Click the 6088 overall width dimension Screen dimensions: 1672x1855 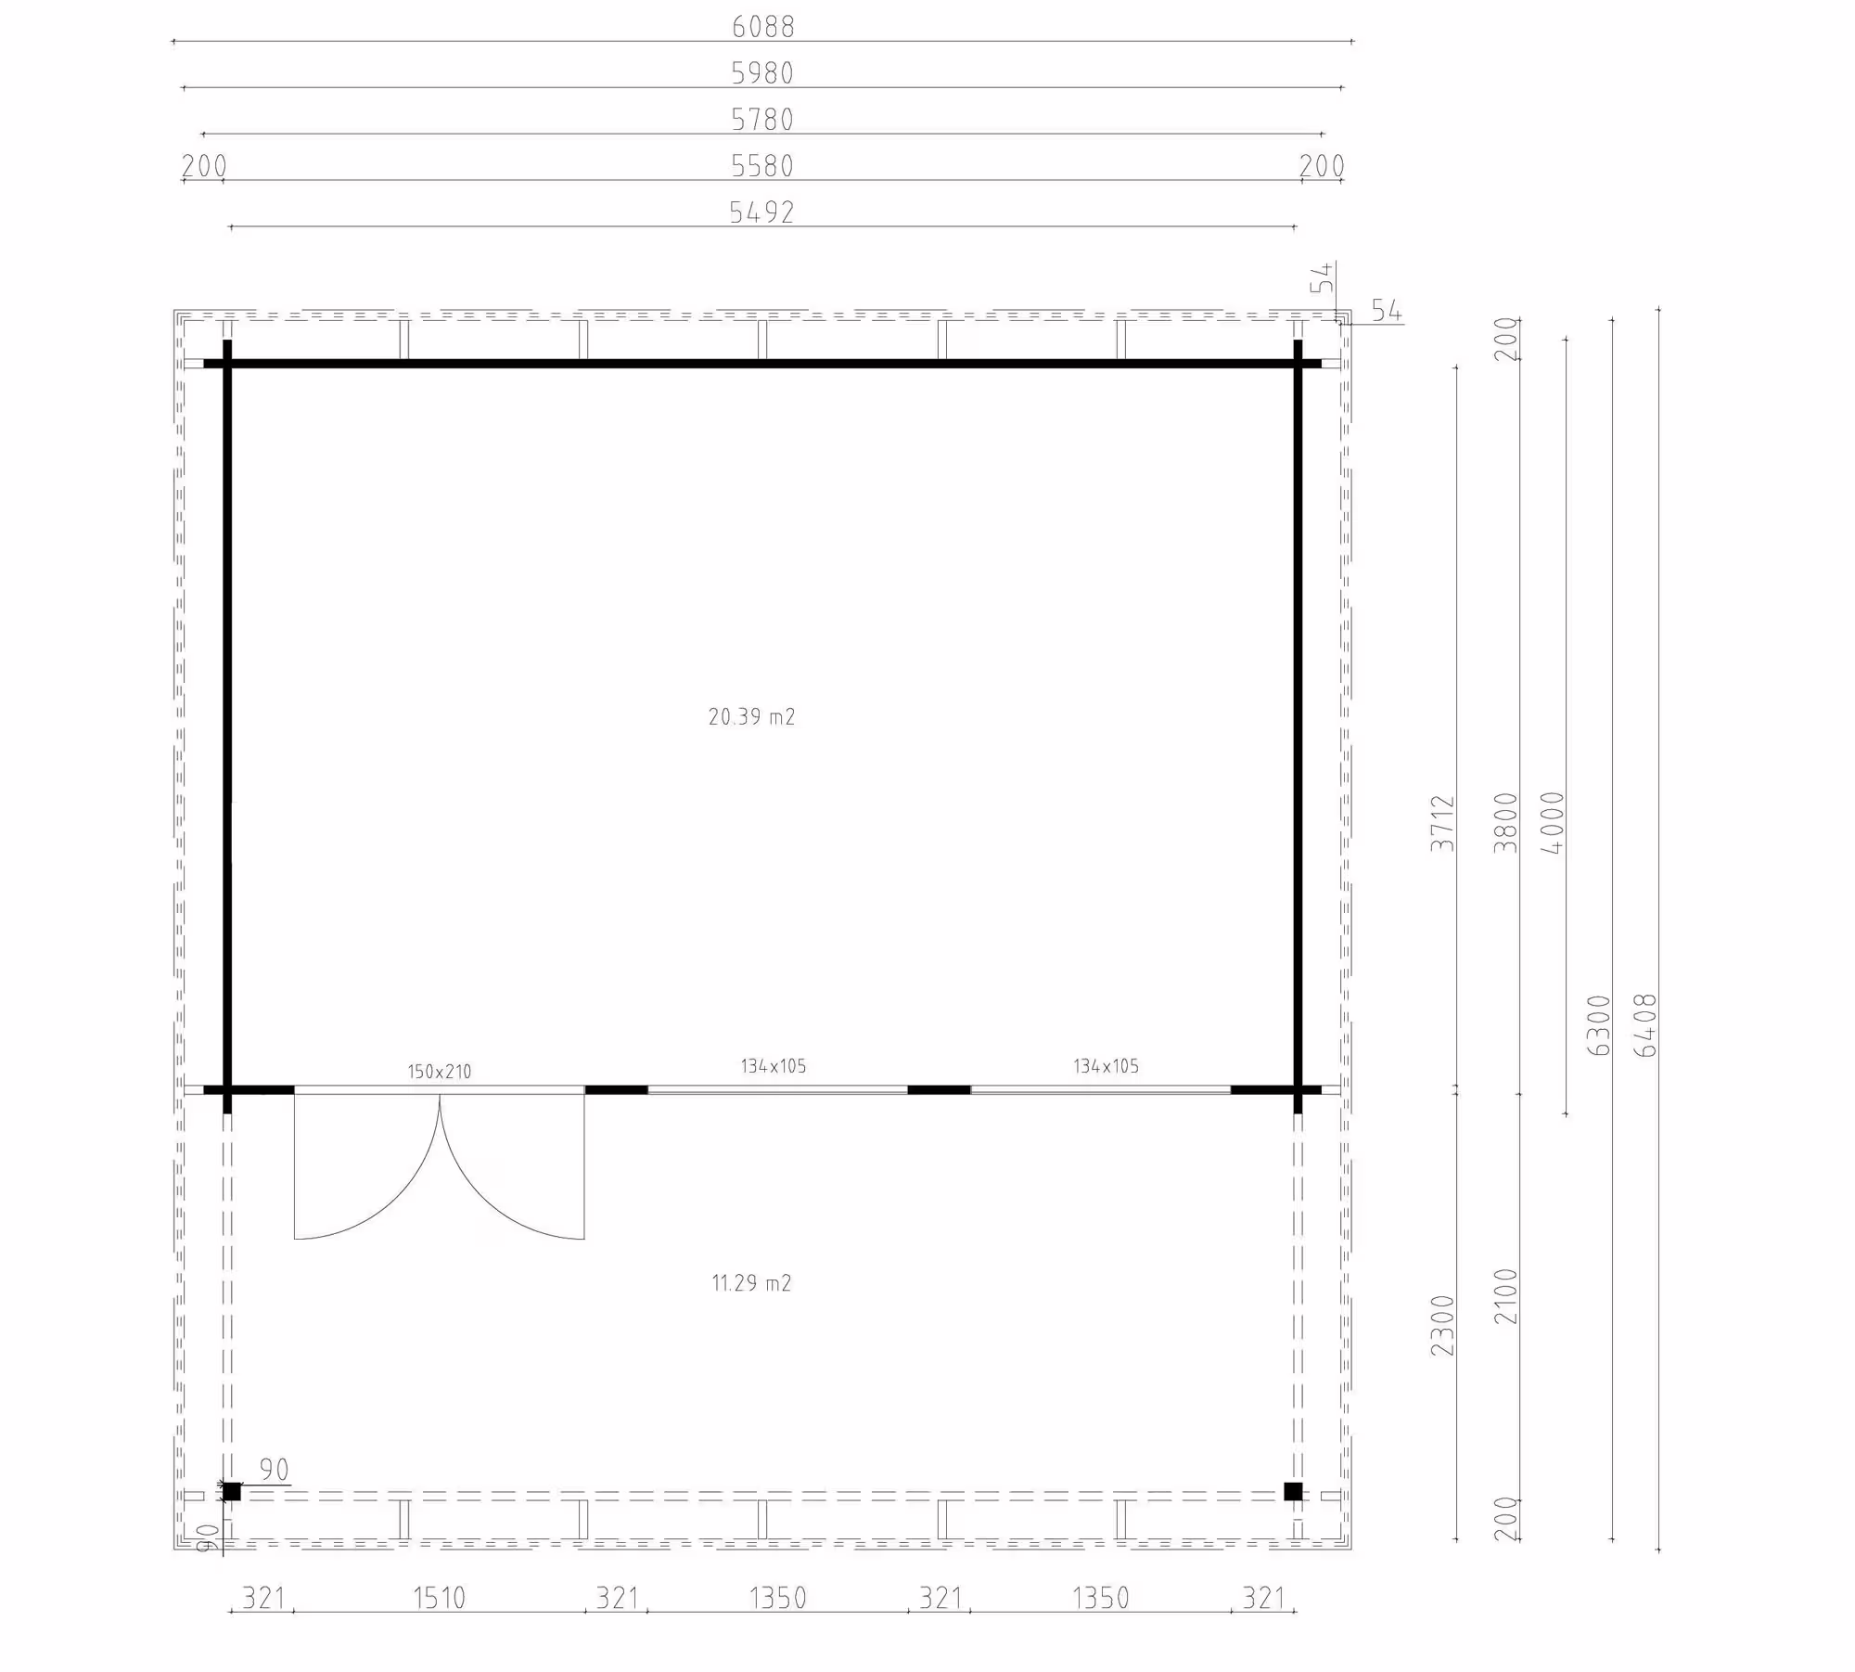pyautogui.click(x=762, y=27)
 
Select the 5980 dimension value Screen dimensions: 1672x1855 pyautogui.click(x=762, y=73)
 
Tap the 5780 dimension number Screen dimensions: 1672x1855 pyautogui.click(x=762, y=120)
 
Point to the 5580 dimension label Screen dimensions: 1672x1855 pyautogui.click(x=762, y=166)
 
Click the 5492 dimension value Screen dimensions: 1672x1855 pyautogui.click(x=762, y=212)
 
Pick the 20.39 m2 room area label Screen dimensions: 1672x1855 pyautogui.click(x=751, y=716)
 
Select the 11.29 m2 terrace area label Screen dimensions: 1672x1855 pyautogui.click(x=751, y=1283)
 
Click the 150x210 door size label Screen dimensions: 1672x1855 pyautogui.click(x=440, y=1072)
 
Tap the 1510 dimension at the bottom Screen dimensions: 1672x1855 pyautogui.click(x=440, y=1598)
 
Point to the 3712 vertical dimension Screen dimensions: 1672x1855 pyautogui.click(x=1442, y=823)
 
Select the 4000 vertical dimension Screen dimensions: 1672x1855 pyautogui.click(x=1552, y=823)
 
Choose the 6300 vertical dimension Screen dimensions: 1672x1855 pyautogui.click(x=1599, y=1025)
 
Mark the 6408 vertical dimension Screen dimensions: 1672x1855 pyautogui.click(x=1646, y=1025)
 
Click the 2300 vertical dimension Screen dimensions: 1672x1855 pyautogui.click(x=1442, y=1326)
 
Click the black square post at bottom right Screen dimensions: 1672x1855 pyautogui.click(x=1293, y=1492)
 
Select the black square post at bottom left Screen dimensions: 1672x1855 pyautogui.click(x=231, y=1492)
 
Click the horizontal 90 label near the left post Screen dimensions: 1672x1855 pyautogui.click(x=274, y=1470)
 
